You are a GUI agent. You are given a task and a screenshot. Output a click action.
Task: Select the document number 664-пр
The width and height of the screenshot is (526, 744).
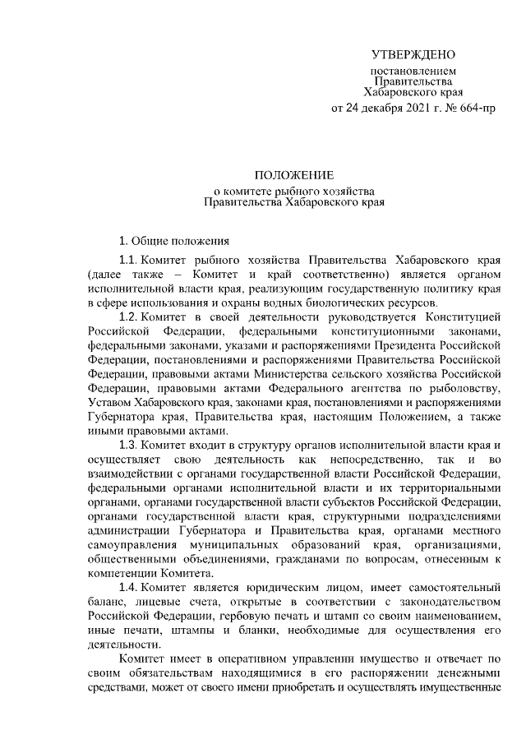pos(476,108)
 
